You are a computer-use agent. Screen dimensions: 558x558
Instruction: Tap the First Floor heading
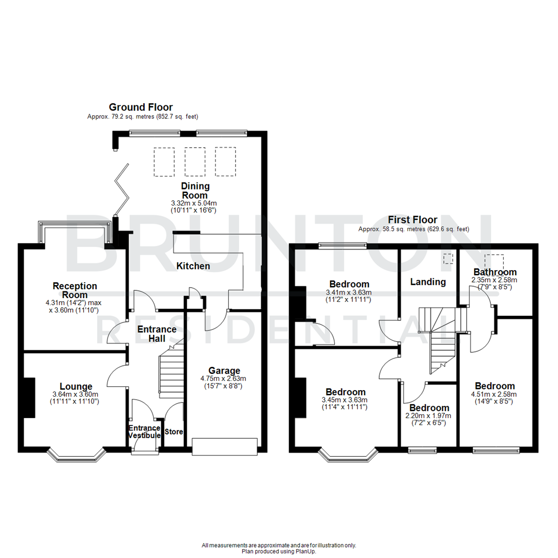(x=414, y=220)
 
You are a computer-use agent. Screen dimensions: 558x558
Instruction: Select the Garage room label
(x=224, y=370)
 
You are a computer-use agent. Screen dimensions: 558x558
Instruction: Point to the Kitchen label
(x=193, y=266)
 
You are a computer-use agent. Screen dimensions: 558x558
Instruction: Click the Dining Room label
(x=195, y=191)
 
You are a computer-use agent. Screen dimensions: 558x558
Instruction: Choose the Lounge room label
(x=76, y=386)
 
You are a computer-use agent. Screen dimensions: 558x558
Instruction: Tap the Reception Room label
(x=75, y=290)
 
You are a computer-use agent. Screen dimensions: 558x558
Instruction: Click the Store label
(x=174, y=431)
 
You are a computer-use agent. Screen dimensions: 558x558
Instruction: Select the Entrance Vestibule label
(x=145, y=432)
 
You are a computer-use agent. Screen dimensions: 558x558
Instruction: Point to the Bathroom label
(x=495, y=272)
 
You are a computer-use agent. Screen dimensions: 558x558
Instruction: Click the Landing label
(x=428, y=282)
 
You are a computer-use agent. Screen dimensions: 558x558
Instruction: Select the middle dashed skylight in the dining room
(x=195, y=161)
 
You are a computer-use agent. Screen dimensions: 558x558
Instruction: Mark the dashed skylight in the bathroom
(x=493, y=261)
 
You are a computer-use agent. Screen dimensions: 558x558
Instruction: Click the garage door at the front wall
(x=224, y=446)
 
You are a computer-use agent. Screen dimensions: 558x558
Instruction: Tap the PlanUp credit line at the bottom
(x=279, y=551)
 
